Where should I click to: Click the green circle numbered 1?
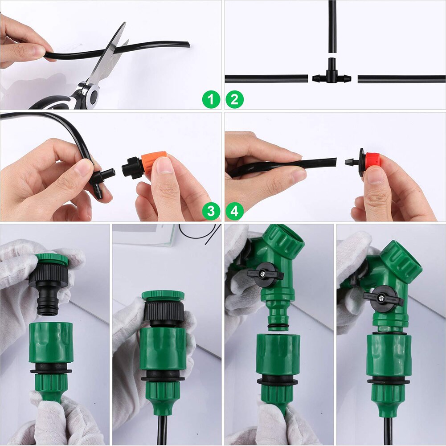tap(211, 99)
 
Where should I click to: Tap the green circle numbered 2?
tap(234, 99)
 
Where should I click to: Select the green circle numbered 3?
tap(211, 211)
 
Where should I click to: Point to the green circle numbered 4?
tap(234, 211)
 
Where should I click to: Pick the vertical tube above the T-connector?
tap(332, 27)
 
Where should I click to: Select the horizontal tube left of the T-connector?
tap(266, 78)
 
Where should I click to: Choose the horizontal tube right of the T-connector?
tap(401, 79)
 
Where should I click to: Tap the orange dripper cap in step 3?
tap(154, 161)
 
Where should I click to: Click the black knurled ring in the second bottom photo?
tap(164, 311)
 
